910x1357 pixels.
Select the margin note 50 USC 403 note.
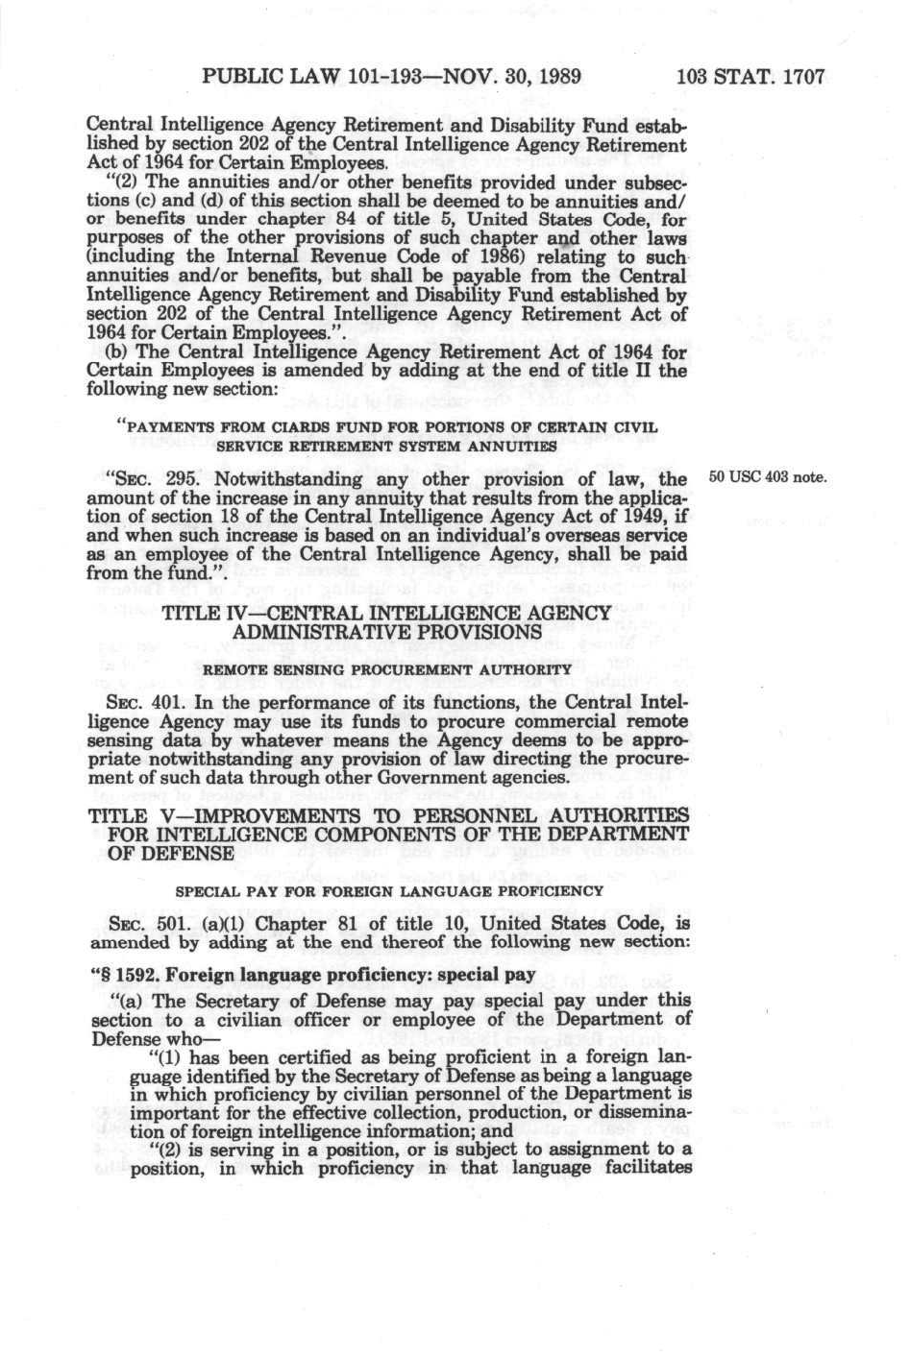(x=766, y=477)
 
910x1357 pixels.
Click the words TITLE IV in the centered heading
(x=207, y=614)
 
